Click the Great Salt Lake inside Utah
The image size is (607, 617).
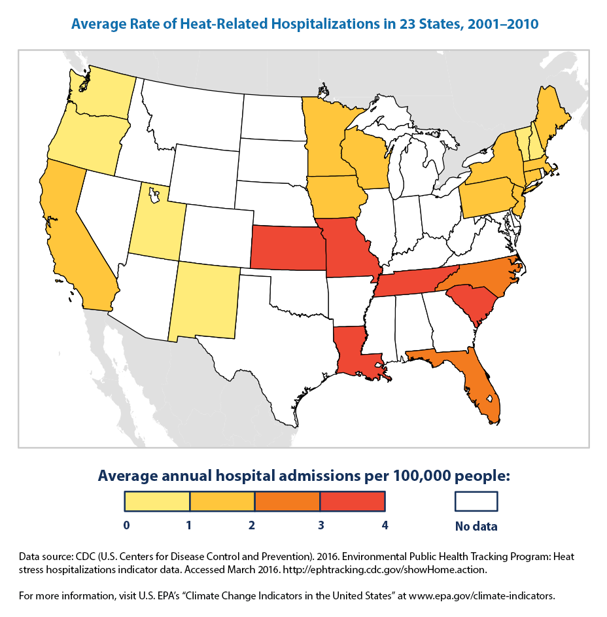[153, 194]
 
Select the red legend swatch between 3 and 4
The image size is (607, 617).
[352, 501]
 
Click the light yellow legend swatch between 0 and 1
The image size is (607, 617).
[157, 501]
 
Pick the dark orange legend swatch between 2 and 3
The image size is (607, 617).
[287, 501]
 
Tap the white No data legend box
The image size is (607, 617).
[476, 501]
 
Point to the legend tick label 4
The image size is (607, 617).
[385, 525]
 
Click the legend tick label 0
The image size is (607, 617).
[125, 525]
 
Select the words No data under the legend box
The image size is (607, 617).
[476, 526]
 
